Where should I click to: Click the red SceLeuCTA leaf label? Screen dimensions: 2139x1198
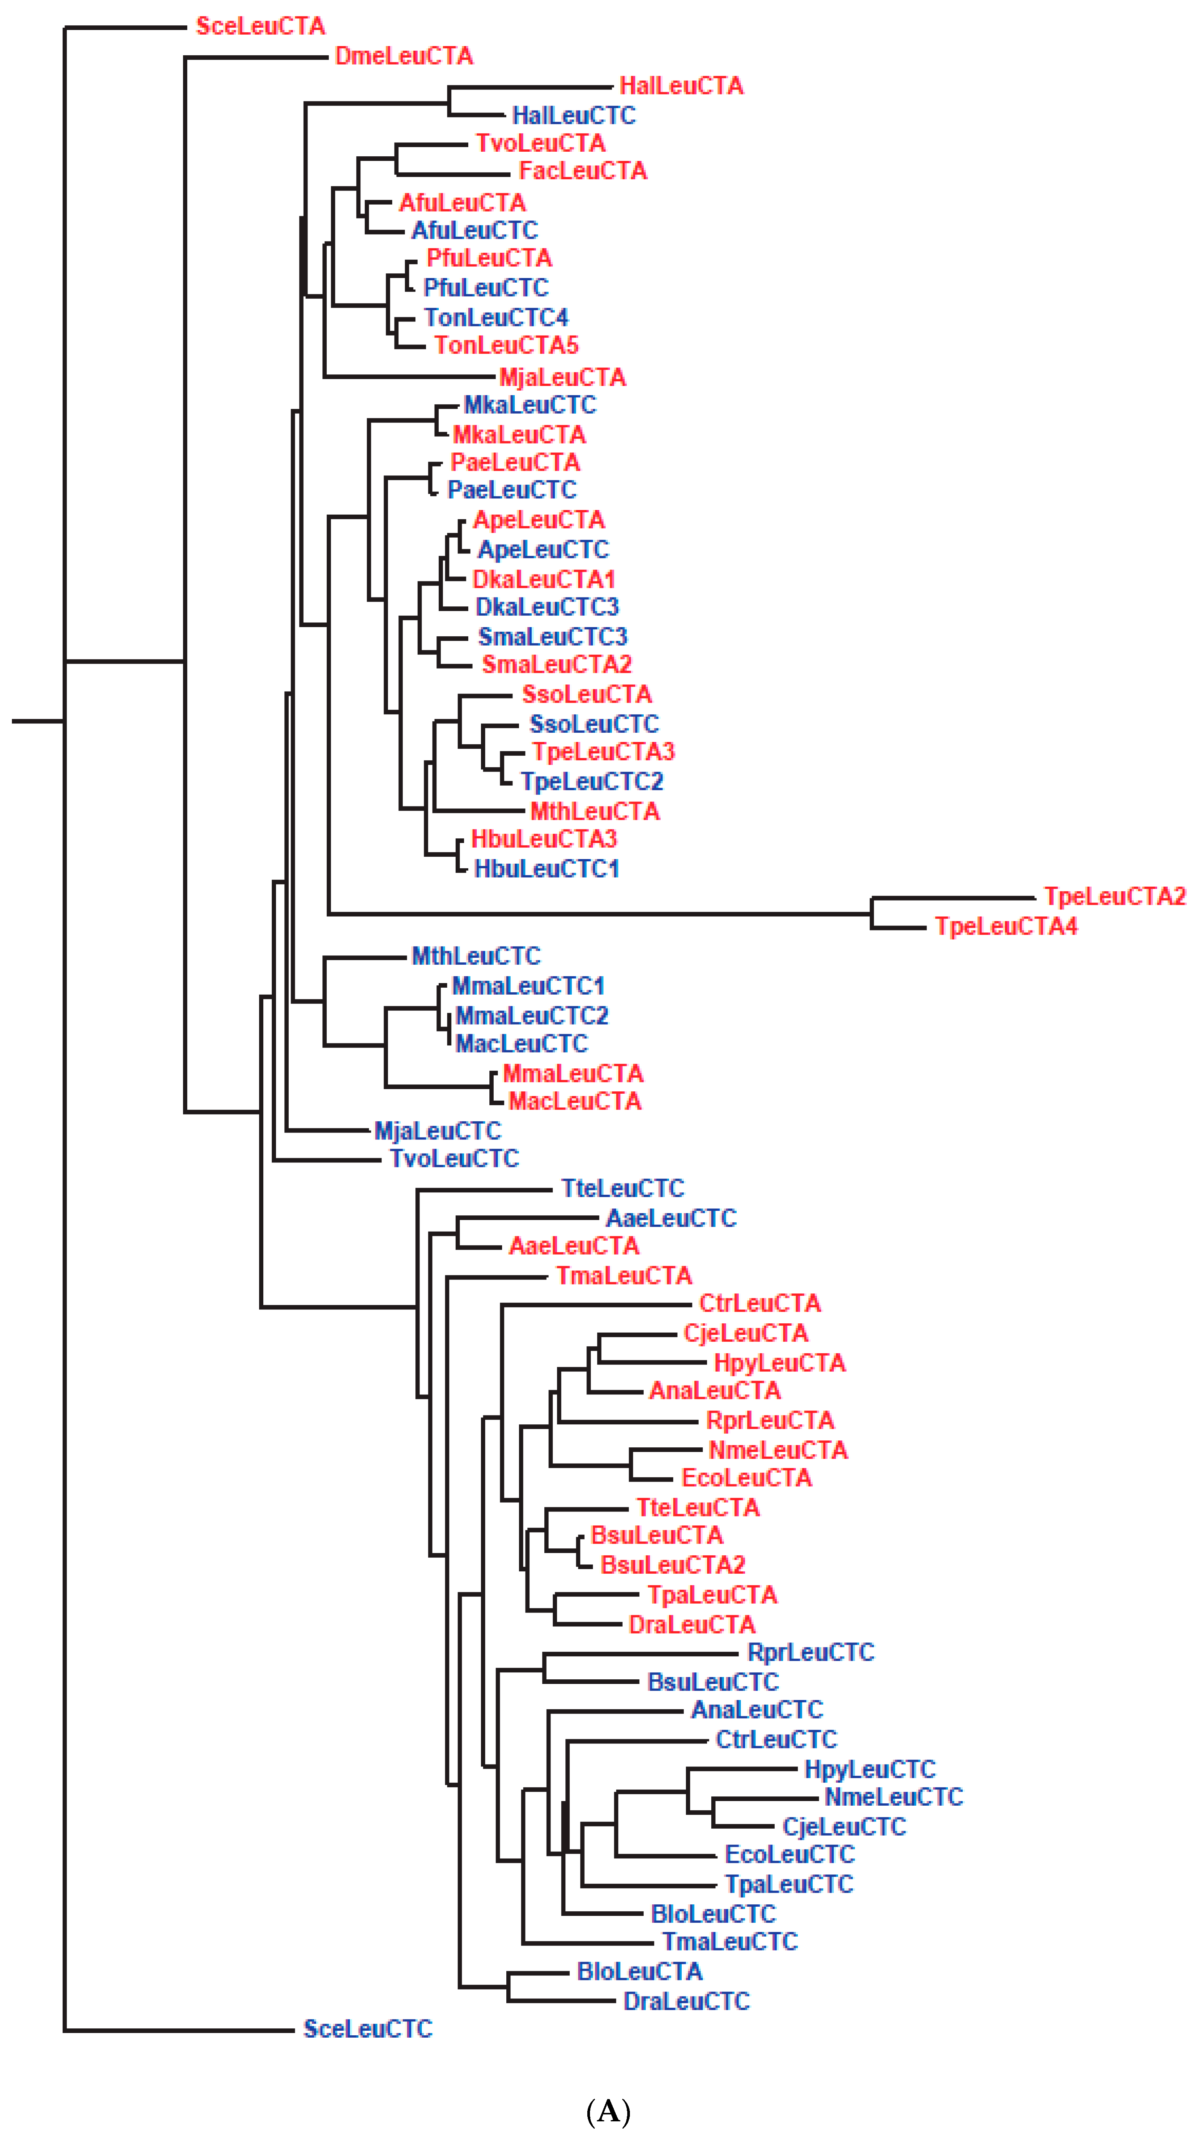(260, 26)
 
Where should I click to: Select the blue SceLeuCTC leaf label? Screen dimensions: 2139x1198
(368, 2028)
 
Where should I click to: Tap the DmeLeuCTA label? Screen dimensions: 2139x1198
(403, 56)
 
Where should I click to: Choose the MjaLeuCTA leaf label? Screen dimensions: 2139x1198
(562, 378)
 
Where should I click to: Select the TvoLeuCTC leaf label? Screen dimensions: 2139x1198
(454, 1158)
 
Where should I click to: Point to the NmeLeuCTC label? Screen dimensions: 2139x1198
(893, 1797)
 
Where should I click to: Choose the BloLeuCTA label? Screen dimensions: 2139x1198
(639, 1971)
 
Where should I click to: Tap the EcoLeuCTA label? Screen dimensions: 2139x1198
(746, 1478)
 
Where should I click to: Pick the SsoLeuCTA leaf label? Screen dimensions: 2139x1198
(586, 694)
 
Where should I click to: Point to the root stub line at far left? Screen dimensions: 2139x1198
(37, 721)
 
